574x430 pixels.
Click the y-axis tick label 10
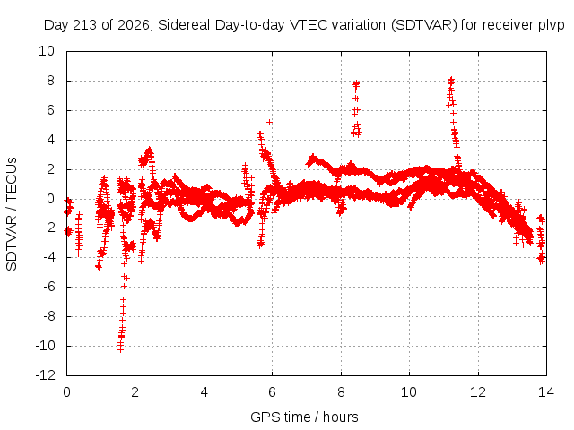pos(47,51)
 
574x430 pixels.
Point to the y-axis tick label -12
pos(45,375)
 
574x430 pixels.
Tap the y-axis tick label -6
pos(48,287)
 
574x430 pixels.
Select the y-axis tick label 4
pos(50,140)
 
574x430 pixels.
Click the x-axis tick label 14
pos(546,392)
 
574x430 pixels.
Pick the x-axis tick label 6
pos(272,392)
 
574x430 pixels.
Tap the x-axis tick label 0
pos(66,392)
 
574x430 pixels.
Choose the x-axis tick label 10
pos(409,392)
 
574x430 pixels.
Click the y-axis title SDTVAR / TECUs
pos(12,214)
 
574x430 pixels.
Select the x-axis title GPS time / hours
pos(304,417)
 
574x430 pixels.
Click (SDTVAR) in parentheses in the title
pos(424,25)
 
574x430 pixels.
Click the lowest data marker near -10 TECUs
pos(120,349)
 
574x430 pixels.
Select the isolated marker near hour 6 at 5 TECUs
pos(269,122)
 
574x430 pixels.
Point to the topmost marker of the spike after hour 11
pos(451,79)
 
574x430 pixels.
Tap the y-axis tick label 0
pos(50,199)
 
